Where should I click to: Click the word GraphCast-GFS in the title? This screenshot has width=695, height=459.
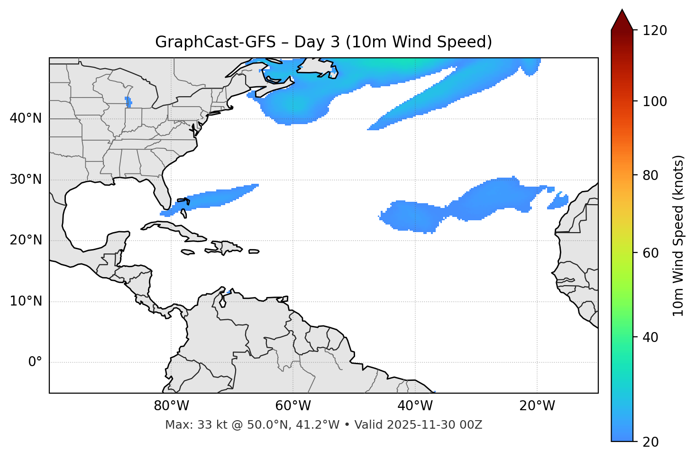pos(215,42)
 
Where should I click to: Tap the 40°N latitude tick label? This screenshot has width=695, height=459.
pos(26,118)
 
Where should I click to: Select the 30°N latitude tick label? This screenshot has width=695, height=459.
pos(26,180)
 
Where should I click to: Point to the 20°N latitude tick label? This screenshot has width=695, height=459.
pos(26,240)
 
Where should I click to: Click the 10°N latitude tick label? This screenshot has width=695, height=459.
pos(26,301)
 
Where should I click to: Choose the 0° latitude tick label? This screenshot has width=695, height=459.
pos(35,362)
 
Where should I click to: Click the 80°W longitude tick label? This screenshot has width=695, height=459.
pos(171,406)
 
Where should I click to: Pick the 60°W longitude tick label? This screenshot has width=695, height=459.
pos(293,406)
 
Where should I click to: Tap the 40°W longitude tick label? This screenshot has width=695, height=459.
pos(415,406)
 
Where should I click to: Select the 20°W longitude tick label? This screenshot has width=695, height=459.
pos(537,406)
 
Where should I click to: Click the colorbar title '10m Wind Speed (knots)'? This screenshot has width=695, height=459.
pos(678,235)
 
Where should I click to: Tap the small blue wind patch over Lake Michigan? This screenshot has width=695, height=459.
pos(128,102)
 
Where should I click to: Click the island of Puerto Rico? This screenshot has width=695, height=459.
pos(254,252)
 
